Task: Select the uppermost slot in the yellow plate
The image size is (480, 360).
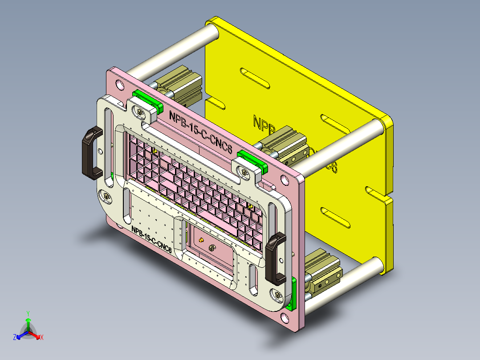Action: (x=255, y=78)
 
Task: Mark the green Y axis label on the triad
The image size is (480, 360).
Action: (x=28, y=313)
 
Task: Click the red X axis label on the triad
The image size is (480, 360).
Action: (x=42, y=337)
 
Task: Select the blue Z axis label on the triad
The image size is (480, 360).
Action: (x=15, y=337)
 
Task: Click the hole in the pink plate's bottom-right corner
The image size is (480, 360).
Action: (x=285, y=318)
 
